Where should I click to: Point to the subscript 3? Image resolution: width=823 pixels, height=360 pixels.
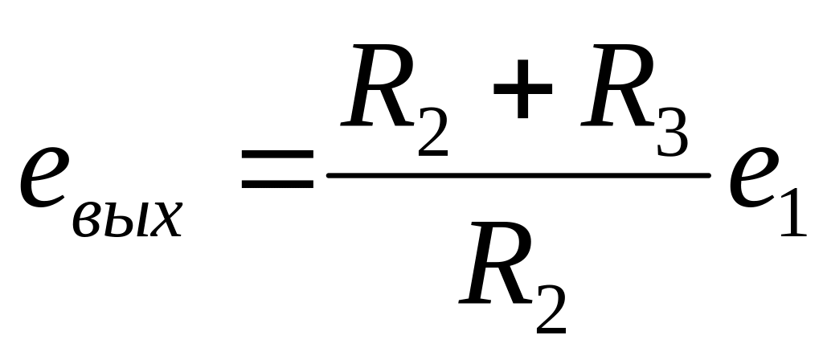tap(669, 133)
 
